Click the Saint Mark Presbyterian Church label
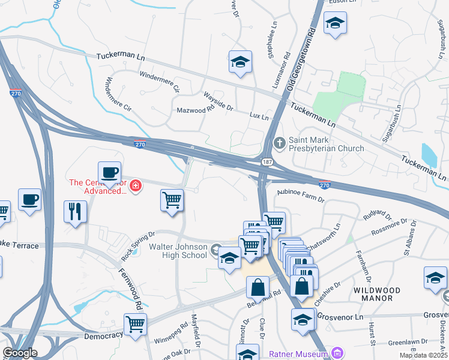(326, 143)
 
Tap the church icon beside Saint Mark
(279, 143)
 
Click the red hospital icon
(136, 186)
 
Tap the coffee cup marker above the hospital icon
(109, 173)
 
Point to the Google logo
(20, 353)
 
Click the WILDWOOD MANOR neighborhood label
(378, 294)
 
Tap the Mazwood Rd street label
(195, 110)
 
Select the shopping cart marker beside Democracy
(136, 324)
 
